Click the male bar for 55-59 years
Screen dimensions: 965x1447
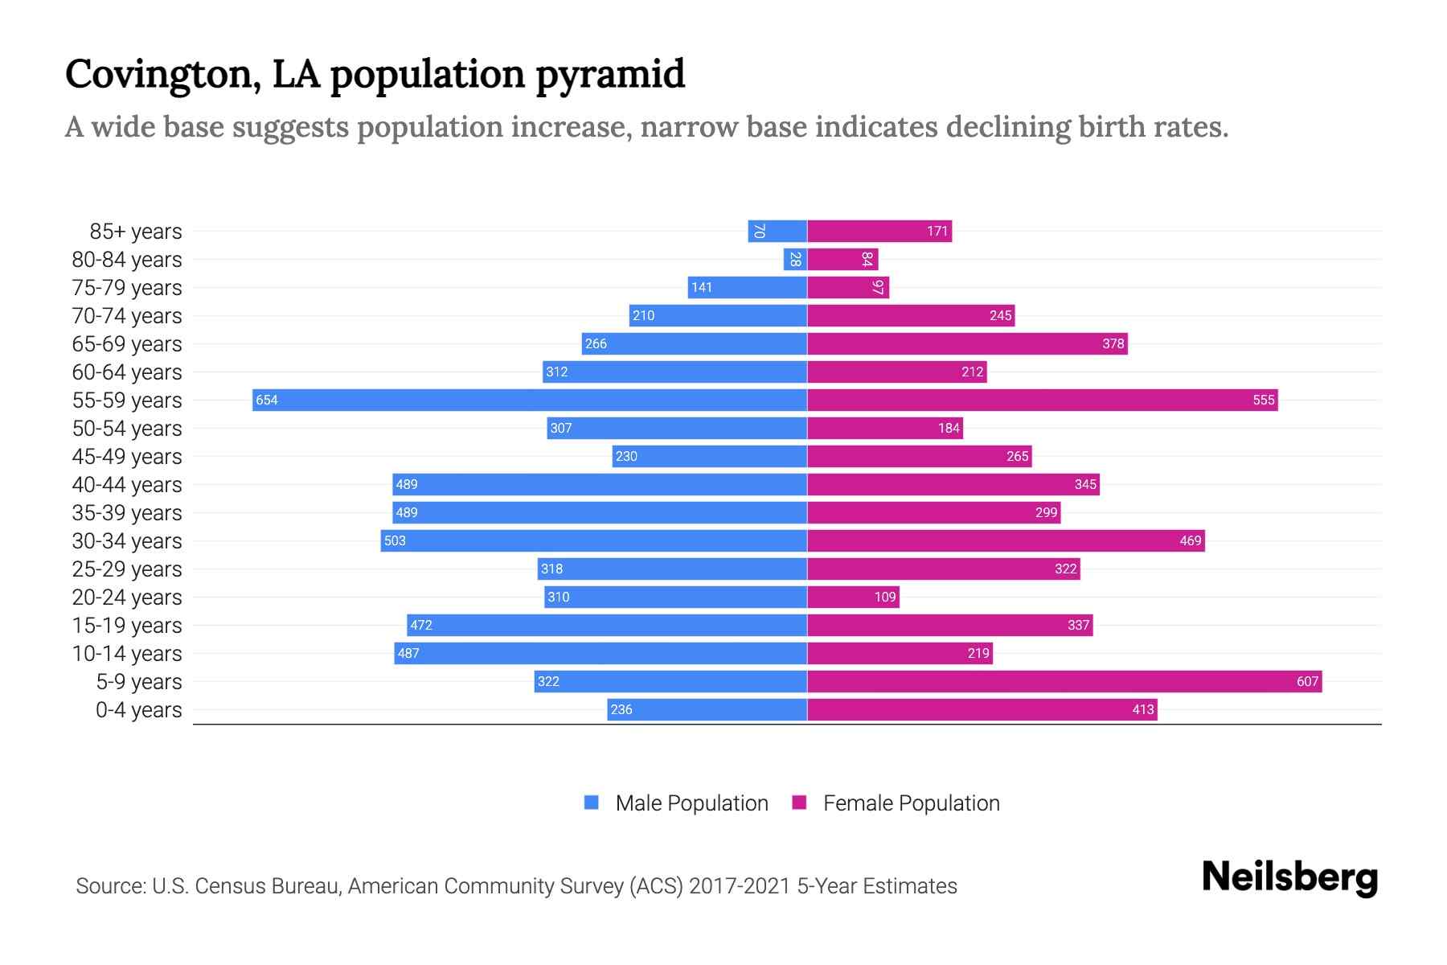(x=531, y=400)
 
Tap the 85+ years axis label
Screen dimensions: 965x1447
(x=135, y=232)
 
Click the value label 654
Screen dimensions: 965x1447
(x=267, y=400)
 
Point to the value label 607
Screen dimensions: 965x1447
(x=1307, y=682)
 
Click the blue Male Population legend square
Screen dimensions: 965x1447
(x=592, y=803)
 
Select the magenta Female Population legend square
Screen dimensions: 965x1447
(x=799, y=803)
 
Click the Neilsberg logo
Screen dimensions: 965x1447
(x=1289, y=877)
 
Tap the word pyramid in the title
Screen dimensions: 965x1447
(x=610, y=75)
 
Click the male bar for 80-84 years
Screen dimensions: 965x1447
(x=795, y=259)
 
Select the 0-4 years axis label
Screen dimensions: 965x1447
(x=138, y=710)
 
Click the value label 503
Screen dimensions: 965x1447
(x=395, y=541)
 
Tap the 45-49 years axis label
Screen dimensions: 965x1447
(x=127, y=457)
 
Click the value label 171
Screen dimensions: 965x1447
(x=937, y=232)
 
